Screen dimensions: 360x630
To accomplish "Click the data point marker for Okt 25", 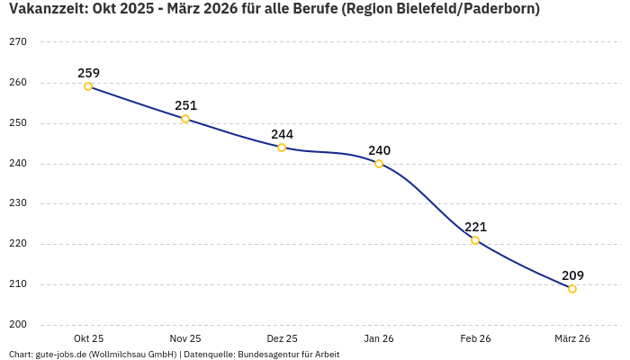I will click(x=88, y=86).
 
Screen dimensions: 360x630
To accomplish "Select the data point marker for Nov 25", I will click(x=185, y=119).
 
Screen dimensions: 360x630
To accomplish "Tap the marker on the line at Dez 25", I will click(x=282, y=148).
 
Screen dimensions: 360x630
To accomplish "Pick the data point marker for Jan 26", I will click(x=379, y=164).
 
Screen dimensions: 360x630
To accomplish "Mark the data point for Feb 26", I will click(x=475, y=240).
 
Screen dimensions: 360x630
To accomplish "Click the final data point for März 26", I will click(x=572, y=289).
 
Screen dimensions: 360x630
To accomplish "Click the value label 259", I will click(x=88, y=73).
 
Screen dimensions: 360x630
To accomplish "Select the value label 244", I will click(x=282, y=134).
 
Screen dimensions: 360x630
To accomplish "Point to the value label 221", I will click(x=475, y=227).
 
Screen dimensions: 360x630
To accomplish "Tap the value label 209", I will click(x=572, y=275).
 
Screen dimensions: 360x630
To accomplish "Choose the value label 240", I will click(x=379, y=150).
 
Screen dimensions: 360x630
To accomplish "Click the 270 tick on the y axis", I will click(x=18, y=42).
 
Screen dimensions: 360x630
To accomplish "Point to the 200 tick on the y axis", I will click(x=18, y=325).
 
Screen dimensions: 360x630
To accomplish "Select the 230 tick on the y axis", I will click(x=18, y=203).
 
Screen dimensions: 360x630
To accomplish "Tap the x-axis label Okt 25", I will click(x=88, y=338).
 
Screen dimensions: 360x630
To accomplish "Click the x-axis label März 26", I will click(x=572, y=338).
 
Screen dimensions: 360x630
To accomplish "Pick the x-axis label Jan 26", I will click(x=379, y=338).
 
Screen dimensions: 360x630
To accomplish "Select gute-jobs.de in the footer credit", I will click(x=61, y=355).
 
